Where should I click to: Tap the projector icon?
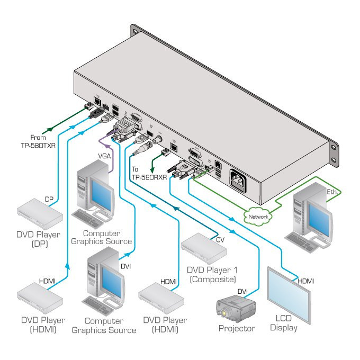pyautogui.click(x=236, y=309)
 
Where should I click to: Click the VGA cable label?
pyautogui.click(x=104, y=157)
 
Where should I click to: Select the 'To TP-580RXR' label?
pyautogui.click(x=149, y=173)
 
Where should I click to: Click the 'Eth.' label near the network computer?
pyautogui.click(x=332, y=192)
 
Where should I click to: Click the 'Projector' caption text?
pyautogui.click(x=237, y=329)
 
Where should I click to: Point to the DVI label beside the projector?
pyautogui.click(x=242, y=291)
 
